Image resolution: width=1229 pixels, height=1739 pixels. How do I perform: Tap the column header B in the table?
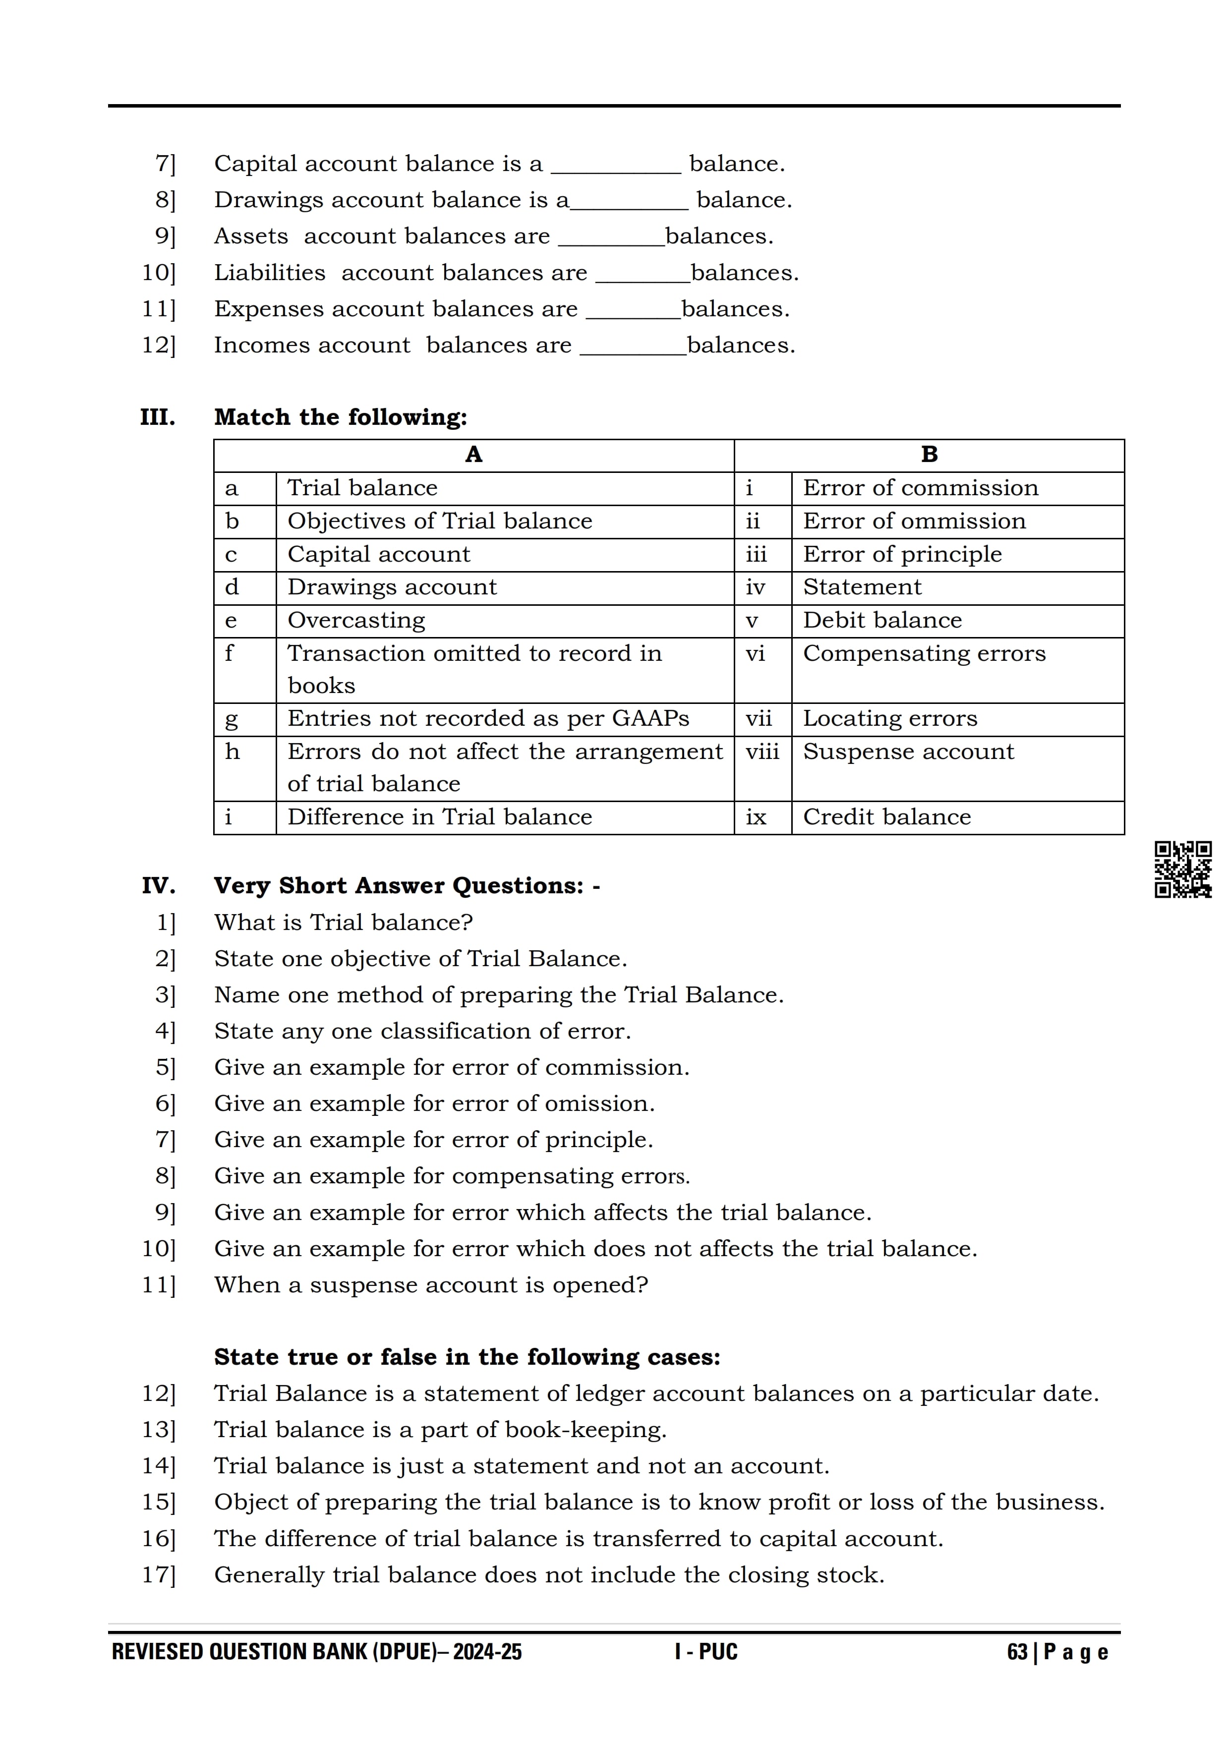point(929,455)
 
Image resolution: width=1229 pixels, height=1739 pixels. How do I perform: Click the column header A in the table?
point(473,455)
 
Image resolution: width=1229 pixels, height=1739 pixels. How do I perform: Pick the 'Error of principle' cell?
point(902,554)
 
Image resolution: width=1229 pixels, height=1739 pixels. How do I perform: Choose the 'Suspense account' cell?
point(908,752)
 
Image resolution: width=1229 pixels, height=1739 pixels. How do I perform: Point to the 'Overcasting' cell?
point(356,620)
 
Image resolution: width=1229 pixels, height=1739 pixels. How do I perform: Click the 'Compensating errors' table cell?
point(924,654)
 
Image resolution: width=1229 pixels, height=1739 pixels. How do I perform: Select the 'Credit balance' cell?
point(887,817)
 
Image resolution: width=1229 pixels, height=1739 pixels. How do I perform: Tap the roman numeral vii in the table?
point(758,719)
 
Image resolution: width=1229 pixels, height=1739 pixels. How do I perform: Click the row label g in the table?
point(231,719)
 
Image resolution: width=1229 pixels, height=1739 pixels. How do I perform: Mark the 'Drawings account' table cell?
point(392,587)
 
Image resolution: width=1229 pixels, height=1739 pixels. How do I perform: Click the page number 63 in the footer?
point(1017,1652)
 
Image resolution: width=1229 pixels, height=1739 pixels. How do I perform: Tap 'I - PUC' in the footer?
point(706,1652)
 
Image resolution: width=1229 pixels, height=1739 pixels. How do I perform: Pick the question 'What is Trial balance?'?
point(343,923)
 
